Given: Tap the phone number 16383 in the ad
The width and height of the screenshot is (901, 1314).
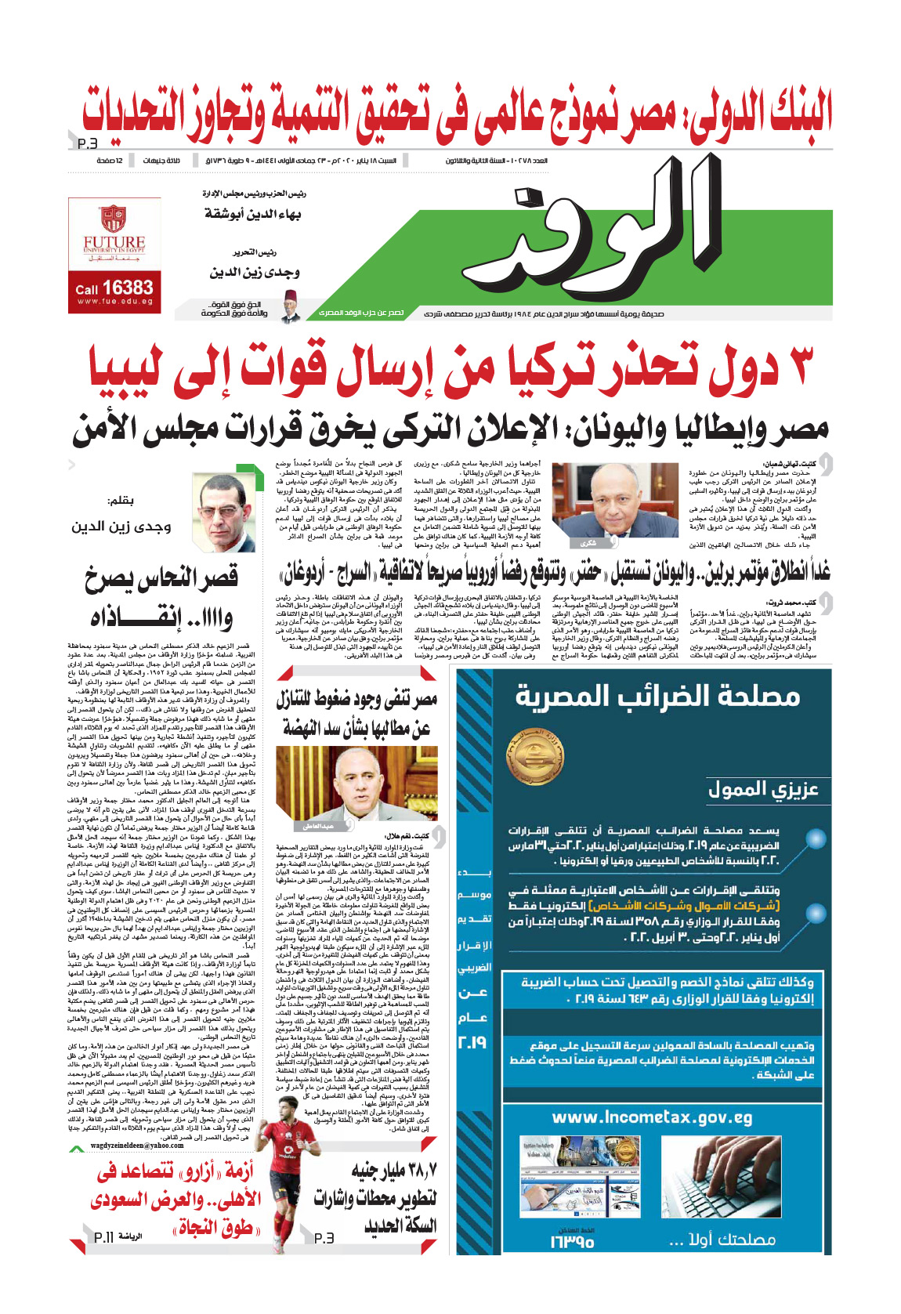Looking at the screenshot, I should [127, 288].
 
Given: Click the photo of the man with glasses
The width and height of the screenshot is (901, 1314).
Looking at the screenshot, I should [593, 504].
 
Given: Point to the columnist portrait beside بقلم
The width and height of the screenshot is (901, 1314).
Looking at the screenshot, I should [223, 512].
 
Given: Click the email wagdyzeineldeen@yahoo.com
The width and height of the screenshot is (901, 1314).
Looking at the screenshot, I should [137, 1146].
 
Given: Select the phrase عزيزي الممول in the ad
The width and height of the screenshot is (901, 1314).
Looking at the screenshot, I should [762, 790].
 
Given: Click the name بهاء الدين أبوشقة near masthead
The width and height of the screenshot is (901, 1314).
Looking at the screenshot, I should [252, 214].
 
